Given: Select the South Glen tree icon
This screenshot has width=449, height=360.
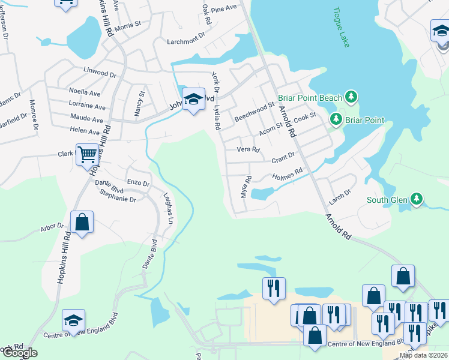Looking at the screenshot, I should [x=417, y=199].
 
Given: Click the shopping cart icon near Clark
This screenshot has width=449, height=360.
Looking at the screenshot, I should [x=87, y=155].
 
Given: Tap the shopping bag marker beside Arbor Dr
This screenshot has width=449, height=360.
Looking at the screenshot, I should [x=82, y=223].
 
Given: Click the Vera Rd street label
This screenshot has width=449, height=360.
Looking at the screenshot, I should [x=248, y=149].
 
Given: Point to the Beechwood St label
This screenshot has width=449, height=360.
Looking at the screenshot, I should [x=254, y=111].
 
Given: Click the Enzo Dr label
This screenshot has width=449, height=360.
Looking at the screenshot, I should [x=138, y=181].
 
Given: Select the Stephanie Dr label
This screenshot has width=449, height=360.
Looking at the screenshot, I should [x=118, y=196].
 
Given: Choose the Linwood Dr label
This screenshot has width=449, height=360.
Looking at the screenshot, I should [x=100, y=73].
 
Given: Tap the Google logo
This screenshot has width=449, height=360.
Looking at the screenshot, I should [x=19, y=353].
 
